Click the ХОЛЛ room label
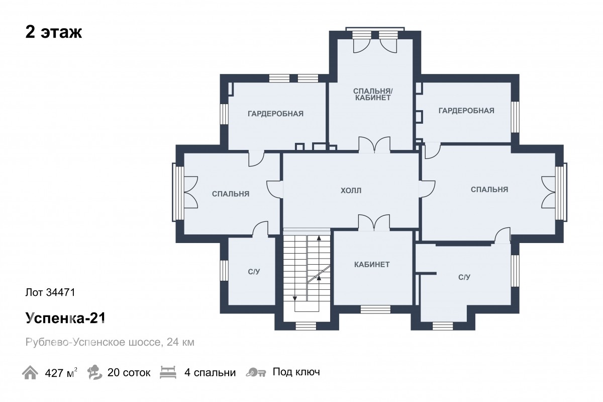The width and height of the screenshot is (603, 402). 351,191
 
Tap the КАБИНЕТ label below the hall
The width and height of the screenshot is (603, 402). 372,265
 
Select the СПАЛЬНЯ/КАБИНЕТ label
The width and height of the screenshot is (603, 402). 373,95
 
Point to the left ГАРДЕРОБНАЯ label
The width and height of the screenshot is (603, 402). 275,114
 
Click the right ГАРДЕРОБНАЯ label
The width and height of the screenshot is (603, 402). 466,111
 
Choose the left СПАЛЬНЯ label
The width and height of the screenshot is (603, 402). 231,194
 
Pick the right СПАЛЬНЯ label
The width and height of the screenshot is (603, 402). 489,190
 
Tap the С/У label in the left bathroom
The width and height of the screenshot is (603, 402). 254,272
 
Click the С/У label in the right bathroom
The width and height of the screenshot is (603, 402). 464,277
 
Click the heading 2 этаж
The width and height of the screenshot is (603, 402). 54,32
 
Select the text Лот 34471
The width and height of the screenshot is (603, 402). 50,292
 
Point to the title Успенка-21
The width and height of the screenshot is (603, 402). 65,318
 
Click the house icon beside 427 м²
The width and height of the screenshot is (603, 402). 30,372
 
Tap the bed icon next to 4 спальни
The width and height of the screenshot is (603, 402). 168,372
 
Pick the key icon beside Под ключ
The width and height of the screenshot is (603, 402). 256,372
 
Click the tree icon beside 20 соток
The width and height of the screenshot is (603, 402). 94,372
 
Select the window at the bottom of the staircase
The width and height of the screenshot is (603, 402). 306,326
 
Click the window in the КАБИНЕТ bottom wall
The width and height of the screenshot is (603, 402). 375,309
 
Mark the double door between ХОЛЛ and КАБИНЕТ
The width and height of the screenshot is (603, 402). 374,223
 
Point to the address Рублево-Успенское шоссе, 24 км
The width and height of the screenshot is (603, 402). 110,342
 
